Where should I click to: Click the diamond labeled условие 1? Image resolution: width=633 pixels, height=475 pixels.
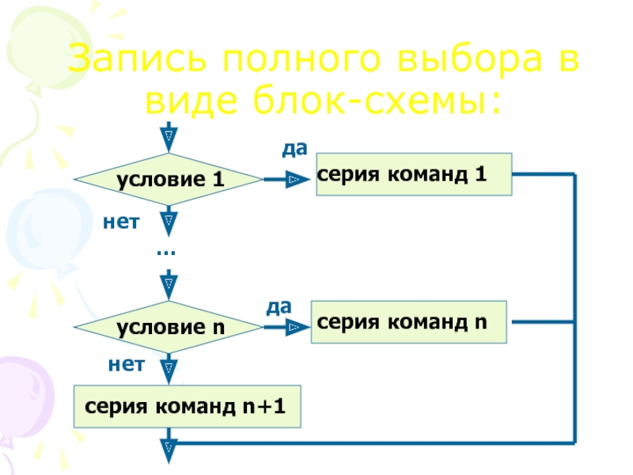pos(169,180)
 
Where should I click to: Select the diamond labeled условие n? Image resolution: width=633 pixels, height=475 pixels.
pos(169,327)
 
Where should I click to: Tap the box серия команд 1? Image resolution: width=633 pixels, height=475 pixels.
pos(414,174)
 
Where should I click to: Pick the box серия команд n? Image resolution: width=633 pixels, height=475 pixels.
pos(408,322)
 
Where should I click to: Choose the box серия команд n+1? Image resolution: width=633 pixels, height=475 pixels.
pos(187,406)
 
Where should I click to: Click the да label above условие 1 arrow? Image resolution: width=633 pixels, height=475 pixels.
pos(294,149)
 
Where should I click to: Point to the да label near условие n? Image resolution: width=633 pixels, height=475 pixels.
pos(279,307)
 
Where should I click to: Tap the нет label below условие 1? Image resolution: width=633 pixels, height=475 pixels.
pos(121,222)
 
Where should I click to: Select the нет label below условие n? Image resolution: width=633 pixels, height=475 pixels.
pos(127,365)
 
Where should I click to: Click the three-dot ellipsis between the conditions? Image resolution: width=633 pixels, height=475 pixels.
pos(166,253)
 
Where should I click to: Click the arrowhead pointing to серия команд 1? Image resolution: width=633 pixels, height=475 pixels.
pos(298,179)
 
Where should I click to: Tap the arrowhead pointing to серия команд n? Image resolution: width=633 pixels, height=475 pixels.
pos(298,327)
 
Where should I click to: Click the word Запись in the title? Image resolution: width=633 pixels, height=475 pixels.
pos(137,59)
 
